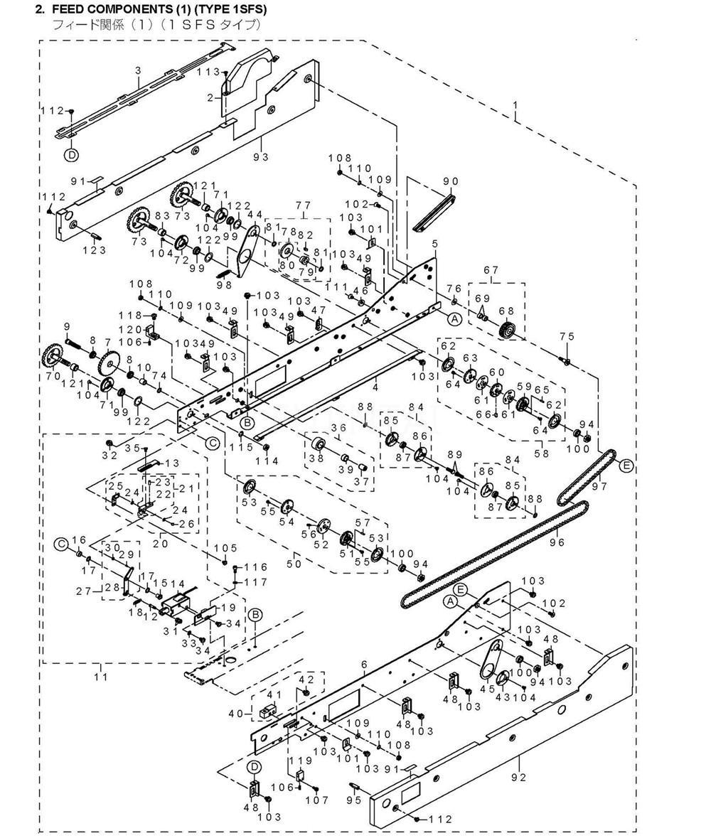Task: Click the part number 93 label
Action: click(262, 156)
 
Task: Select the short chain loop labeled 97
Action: click(587, 477)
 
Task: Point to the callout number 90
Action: click(451, 182)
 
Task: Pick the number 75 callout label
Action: click(567, 336)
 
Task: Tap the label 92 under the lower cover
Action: click(518, 777)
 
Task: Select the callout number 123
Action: click(95, 249)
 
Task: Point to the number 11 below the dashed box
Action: click(101, 677)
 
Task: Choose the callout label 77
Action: click(303, 205)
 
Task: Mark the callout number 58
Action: click(542, 453)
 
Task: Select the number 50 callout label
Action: click(294, 564)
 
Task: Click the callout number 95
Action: click(354, 800)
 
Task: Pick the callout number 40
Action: click(236, 713)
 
